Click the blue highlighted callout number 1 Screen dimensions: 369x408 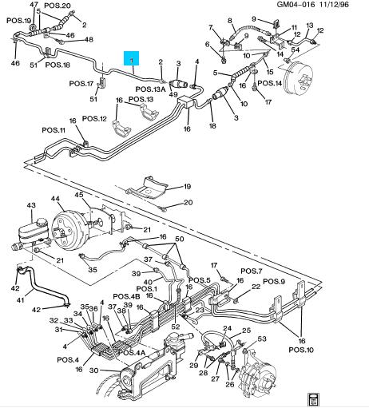click(131, 58)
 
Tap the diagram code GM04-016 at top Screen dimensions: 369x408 click(296, 4)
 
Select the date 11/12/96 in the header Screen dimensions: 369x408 click(333, 4)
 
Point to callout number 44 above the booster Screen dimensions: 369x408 click(56, 199)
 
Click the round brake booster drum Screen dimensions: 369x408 click(69, 230)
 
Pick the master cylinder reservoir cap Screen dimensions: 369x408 click(42, 222)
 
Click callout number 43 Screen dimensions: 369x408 click(31, 205)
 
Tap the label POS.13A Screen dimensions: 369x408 click(150, 89)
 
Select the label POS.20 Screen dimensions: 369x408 click(57, 5)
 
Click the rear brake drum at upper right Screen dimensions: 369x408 click(298, 77)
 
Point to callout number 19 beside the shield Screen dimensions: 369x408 click(187, 187)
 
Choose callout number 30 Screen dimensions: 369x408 click(93, 370)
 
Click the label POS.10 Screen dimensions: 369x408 click(301, 350)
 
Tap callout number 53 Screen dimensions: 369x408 click(262, 339)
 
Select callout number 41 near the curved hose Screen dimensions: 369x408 click(20, 300)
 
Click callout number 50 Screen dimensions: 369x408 click(180, 239)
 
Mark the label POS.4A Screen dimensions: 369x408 click(132, 352)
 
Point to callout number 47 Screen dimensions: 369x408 click(34, 5)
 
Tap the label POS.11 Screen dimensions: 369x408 click(54, 130)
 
